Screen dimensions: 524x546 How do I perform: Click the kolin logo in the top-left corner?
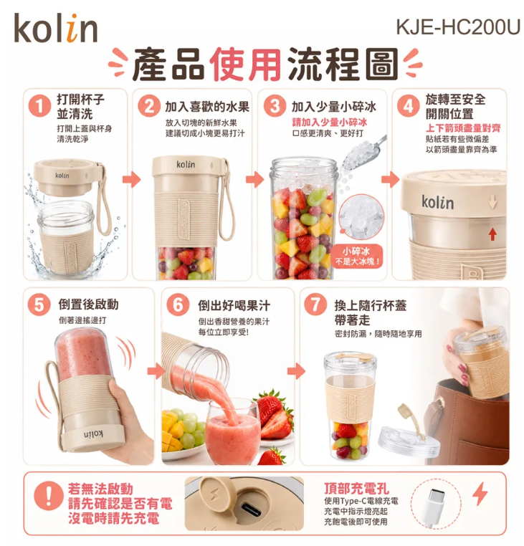point(56,28)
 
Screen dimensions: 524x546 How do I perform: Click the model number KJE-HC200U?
point(458,27)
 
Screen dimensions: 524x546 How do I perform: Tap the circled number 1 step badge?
point(39,106)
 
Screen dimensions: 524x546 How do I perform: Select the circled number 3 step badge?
point(275,106)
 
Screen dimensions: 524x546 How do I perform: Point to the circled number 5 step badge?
point(39,305)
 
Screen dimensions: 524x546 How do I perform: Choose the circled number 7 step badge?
point(315,305)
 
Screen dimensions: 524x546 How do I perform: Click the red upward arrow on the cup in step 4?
point(492,234)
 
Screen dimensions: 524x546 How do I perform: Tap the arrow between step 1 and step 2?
point(132,179)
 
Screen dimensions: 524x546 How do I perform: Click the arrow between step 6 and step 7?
point(296,371)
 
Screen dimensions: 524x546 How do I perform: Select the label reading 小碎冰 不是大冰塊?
point(357,257)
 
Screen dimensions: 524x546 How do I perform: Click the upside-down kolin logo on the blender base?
point(93,434)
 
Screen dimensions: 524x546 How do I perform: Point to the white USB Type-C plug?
point(434,505)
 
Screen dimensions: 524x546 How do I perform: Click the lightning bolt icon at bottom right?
point(480,494)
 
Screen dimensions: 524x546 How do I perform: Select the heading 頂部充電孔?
point(356,489)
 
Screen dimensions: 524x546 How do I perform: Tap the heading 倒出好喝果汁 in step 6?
point(234,305)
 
